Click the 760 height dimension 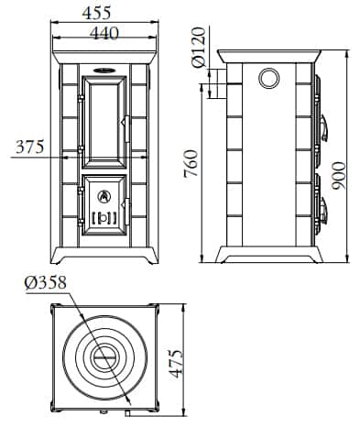(x=190, y=164)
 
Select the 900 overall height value (x=339, y=171)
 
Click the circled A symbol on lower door (x=104, y=195)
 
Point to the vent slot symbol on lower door (x=104, y=217)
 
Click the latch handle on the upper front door (x=125, y=119)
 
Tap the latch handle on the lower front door (x=125, y=198)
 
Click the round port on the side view (x=267, y=79)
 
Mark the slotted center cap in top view (x=104, y=355)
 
